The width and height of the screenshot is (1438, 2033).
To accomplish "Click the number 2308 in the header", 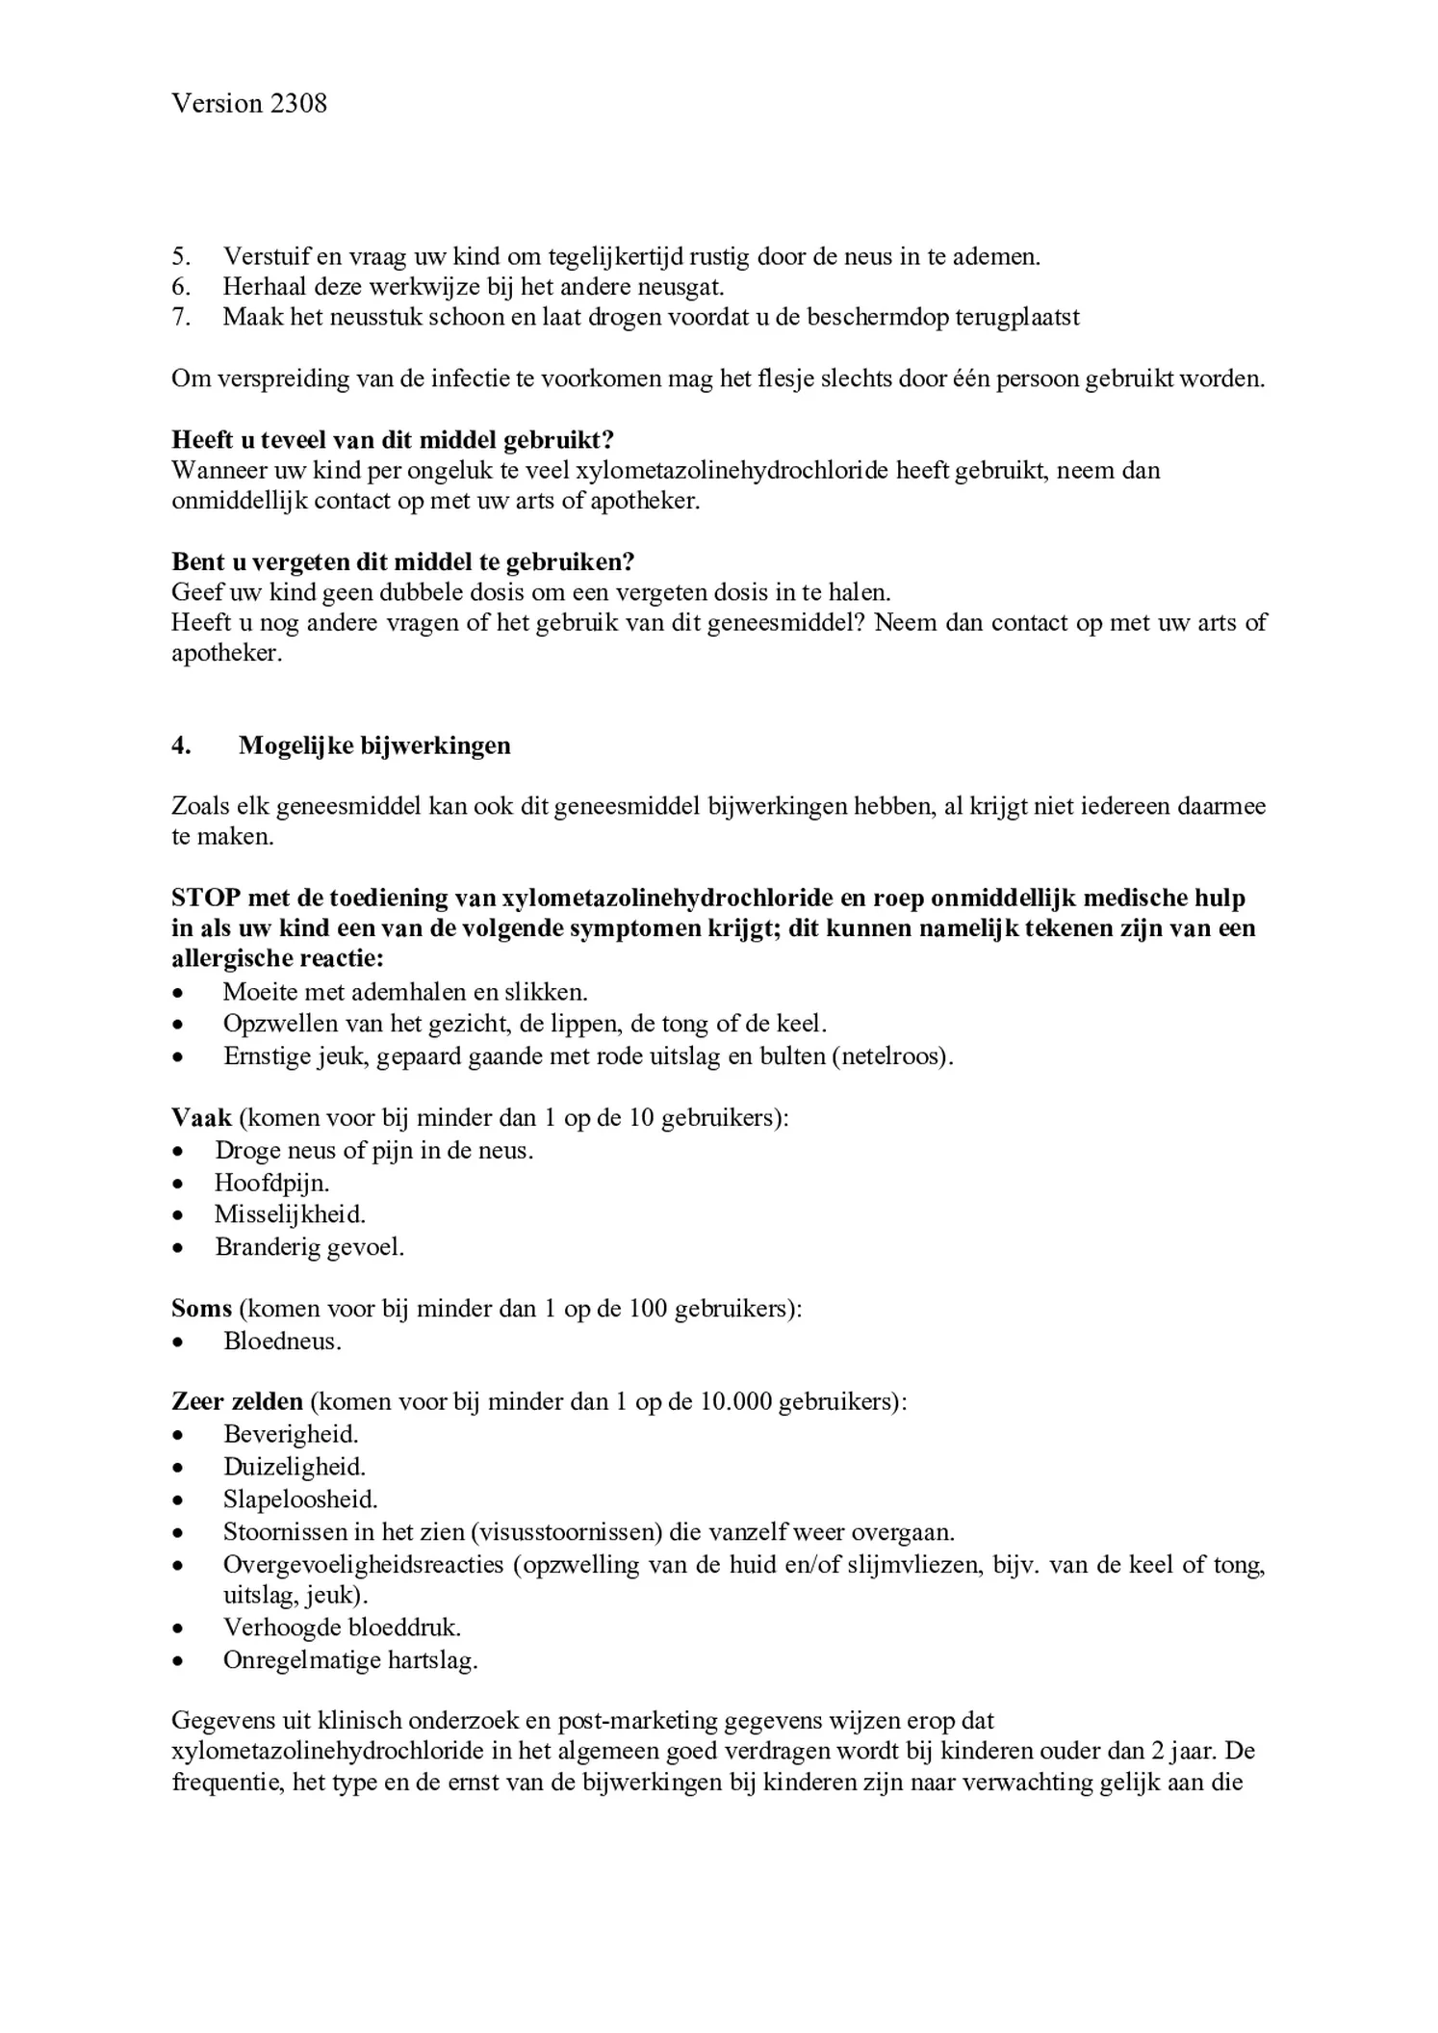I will click(298, 103).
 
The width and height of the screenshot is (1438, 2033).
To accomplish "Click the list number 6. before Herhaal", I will click(181, 287).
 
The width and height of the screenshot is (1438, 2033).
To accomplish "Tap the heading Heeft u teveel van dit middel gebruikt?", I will click(393, 440).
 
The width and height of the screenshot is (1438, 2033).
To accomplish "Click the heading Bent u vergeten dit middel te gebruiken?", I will click(402, 561).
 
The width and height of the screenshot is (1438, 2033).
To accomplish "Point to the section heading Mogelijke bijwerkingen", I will click(374, 745).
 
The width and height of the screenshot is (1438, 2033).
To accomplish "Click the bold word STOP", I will click(206, 898).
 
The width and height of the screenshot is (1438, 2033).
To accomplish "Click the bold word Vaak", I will click(201, 1118).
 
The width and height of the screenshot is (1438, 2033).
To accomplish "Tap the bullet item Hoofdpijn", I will click(271, 1183).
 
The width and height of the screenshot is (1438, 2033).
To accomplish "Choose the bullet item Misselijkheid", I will click(290, 1214).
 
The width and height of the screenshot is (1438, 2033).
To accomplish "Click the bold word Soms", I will click(201, 1309).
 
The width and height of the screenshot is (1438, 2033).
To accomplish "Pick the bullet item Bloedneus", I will click(282, 1342).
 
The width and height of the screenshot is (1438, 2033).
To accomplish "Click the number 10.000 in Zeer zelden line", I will click(735, 1402).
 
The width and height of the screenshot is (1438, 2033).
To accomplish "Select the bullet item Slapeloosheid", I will click(300, 1499).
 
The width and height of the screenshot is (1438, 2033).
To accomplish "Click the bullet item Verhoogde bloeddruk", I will click(342, 1628).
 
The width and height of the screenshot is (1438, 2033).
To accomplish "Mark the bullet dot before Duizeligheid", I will click(177, 1468).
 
